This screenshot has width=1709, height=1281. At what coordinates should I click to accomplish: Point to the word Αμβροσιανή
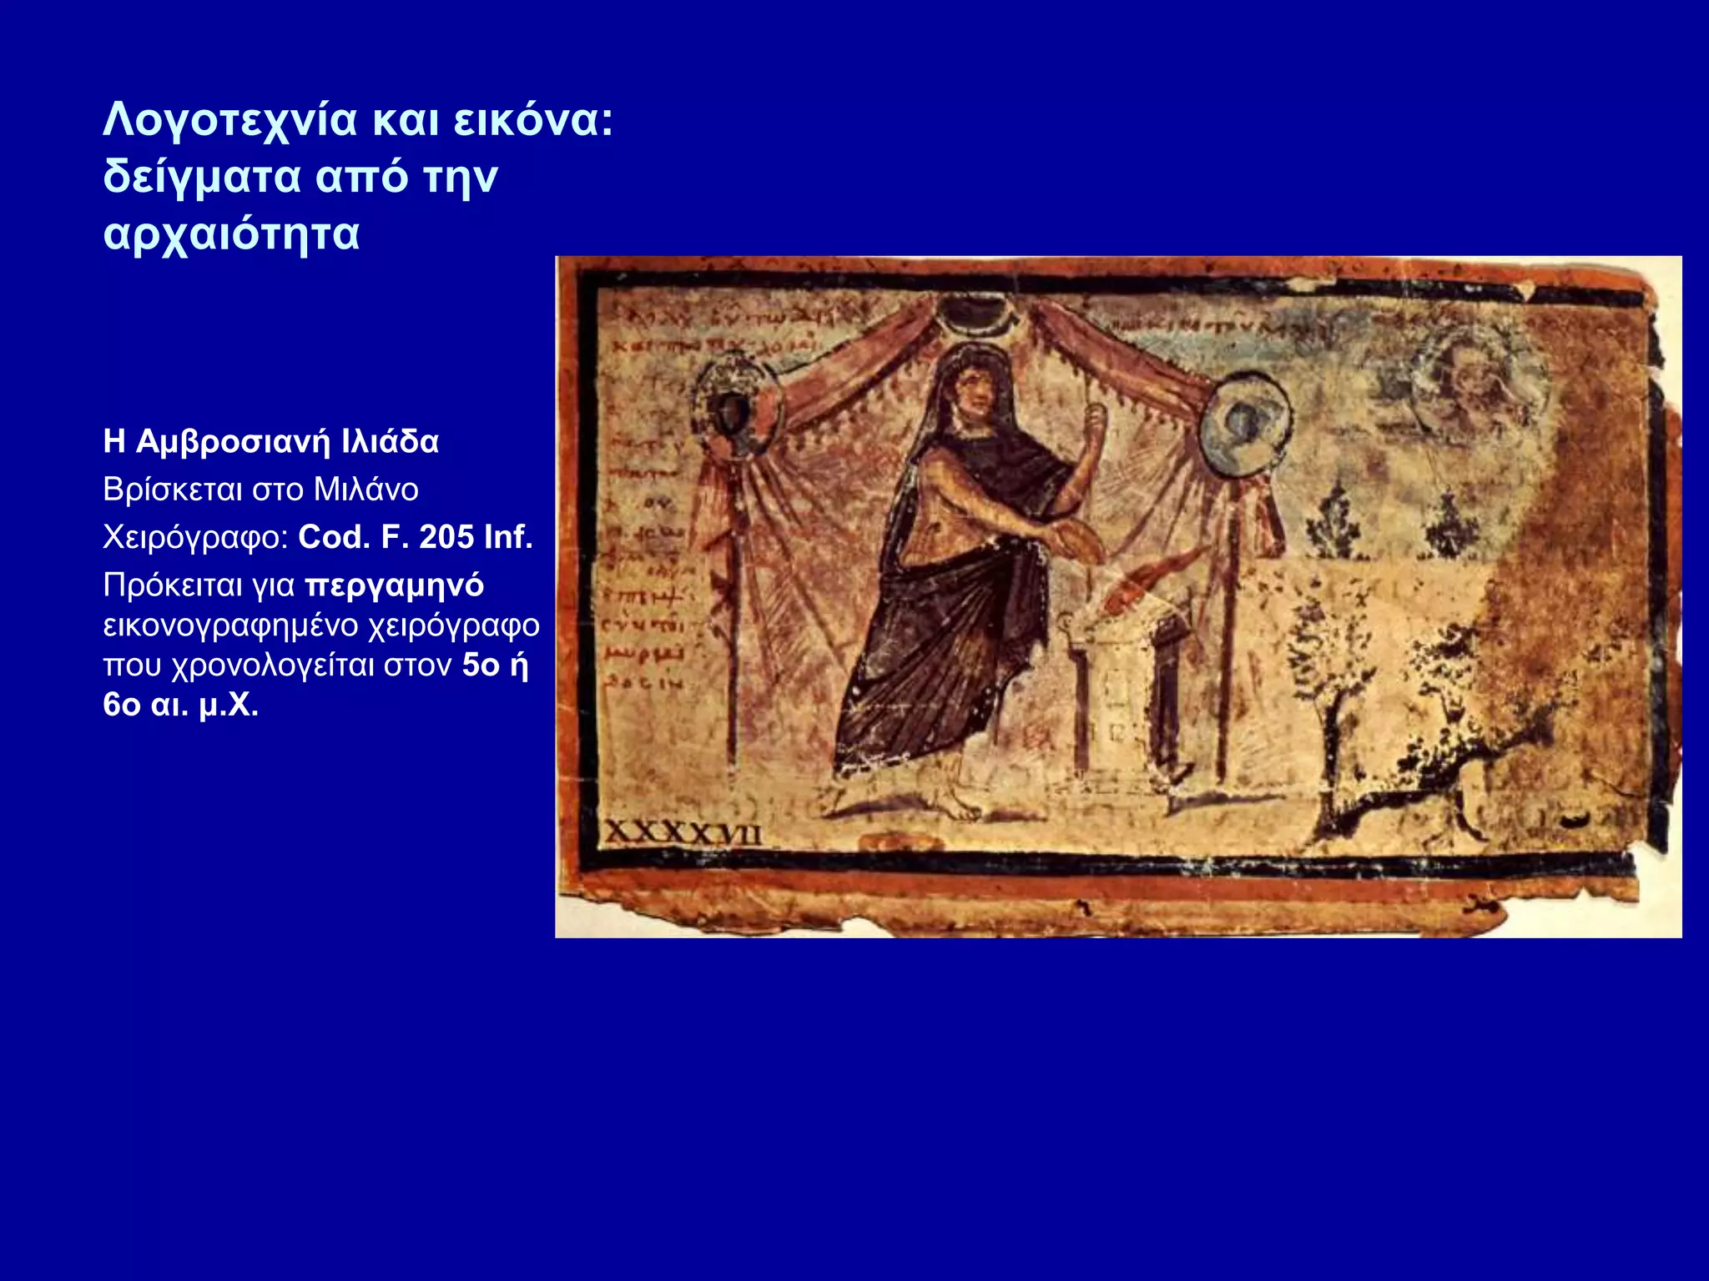233,441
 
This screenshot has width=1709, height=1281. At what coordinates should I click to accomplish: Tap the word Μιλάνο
365,489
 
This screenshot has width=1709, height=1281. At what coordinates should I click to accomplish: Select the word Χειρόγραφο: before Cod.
195,537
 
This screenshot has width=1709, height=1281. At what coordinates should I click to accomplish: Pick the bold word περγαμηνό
394,585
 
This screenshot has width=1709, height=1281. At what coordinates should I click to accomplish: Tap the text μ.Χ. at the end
229,705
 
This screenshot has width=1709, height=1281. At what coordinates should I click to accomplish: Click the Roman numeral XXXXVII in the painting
682,832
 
